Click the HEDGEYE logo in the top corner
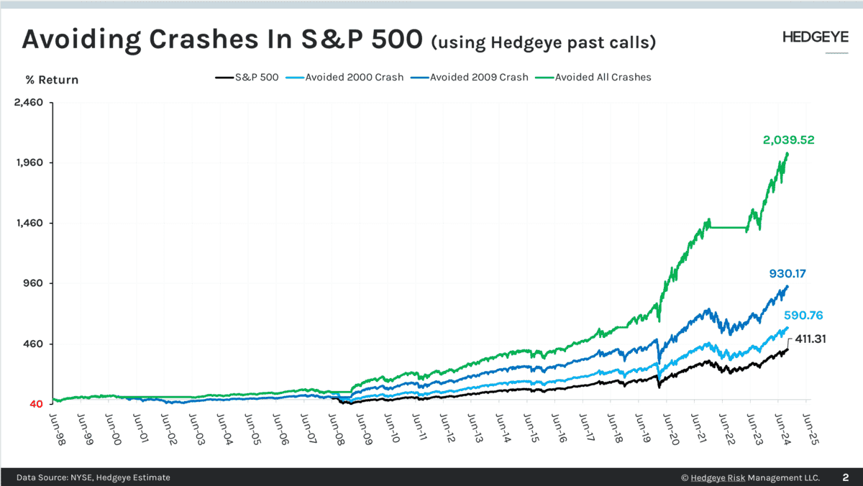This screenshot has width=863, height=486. point(815,38)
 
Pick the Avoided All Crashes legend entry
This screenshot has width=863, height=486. point(602,77)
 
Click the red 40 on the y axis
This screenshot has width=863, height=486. point(36,404)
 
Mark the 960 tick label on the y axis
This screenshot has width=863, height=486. point(32,283)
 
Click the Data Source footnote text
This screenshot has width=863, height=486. point(93,477)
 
